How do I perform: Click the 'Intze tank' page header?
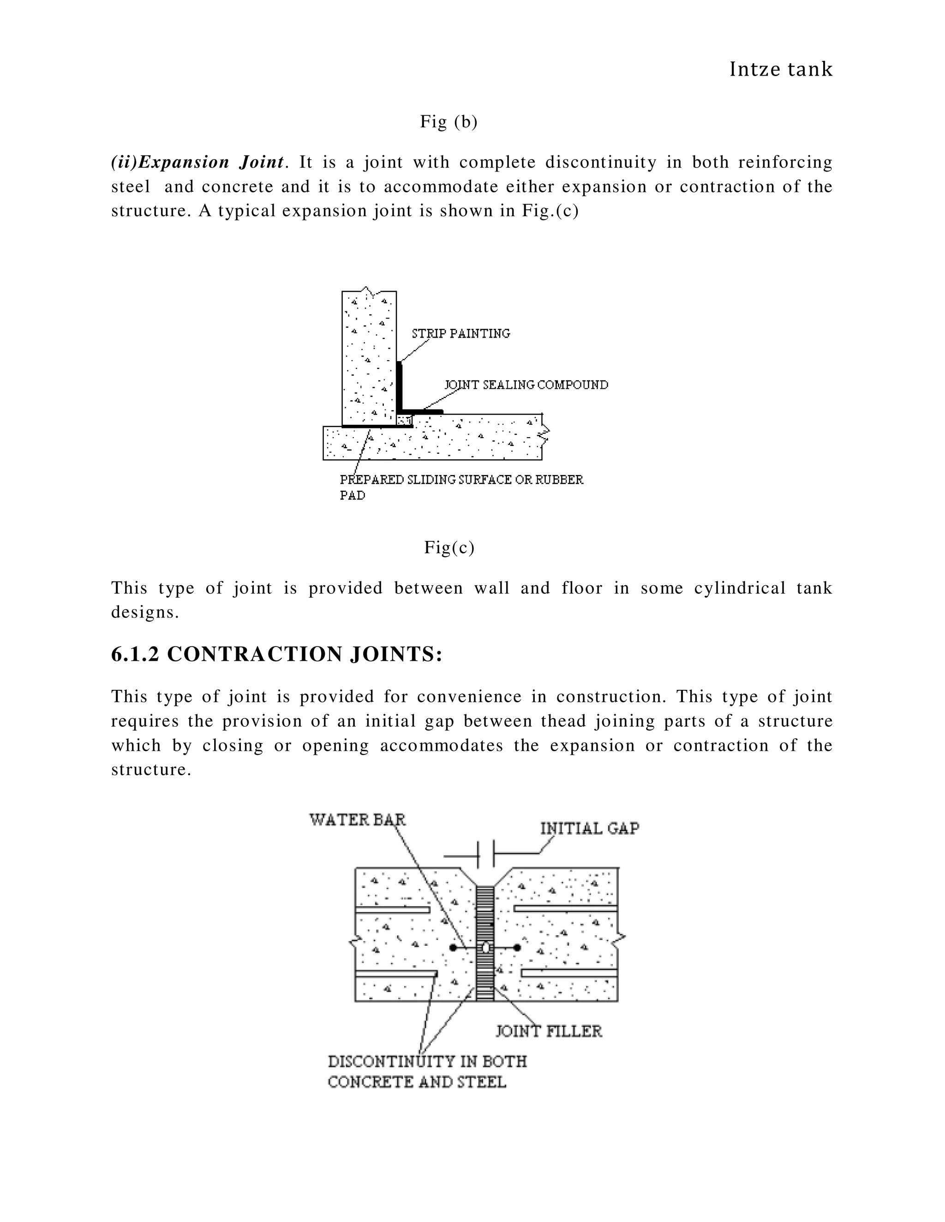pos(781,69)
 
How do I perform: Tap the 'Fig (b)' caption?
pos(449,121)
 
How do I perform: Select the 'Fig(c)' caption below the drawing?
pos(449,547)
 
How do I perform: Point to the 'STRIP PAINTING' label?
pos(461,333)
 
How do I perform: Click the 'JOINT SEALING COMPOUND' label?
pos(526,385)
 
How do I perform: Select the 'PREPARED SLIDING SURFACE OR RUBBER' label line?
pos(461,480)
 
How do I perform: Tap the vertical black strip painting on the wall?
pos(399,386)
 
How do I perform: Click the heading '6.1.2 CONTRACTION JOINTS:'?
pos(276,654)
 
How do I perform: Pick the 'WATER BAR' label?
pos(357,820)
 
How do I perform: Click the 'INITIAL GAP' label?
pos(590,829)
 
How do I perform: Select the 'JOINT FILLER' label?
pos(549,1031)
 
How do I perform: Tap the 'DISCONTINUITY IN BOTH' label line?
pos(427,1062)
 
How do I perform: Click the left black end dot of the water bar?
pos(452,948)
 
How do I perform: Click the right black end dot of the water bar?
pos(517,948)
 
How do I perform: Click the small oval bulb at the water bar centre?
pos(485,948)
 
